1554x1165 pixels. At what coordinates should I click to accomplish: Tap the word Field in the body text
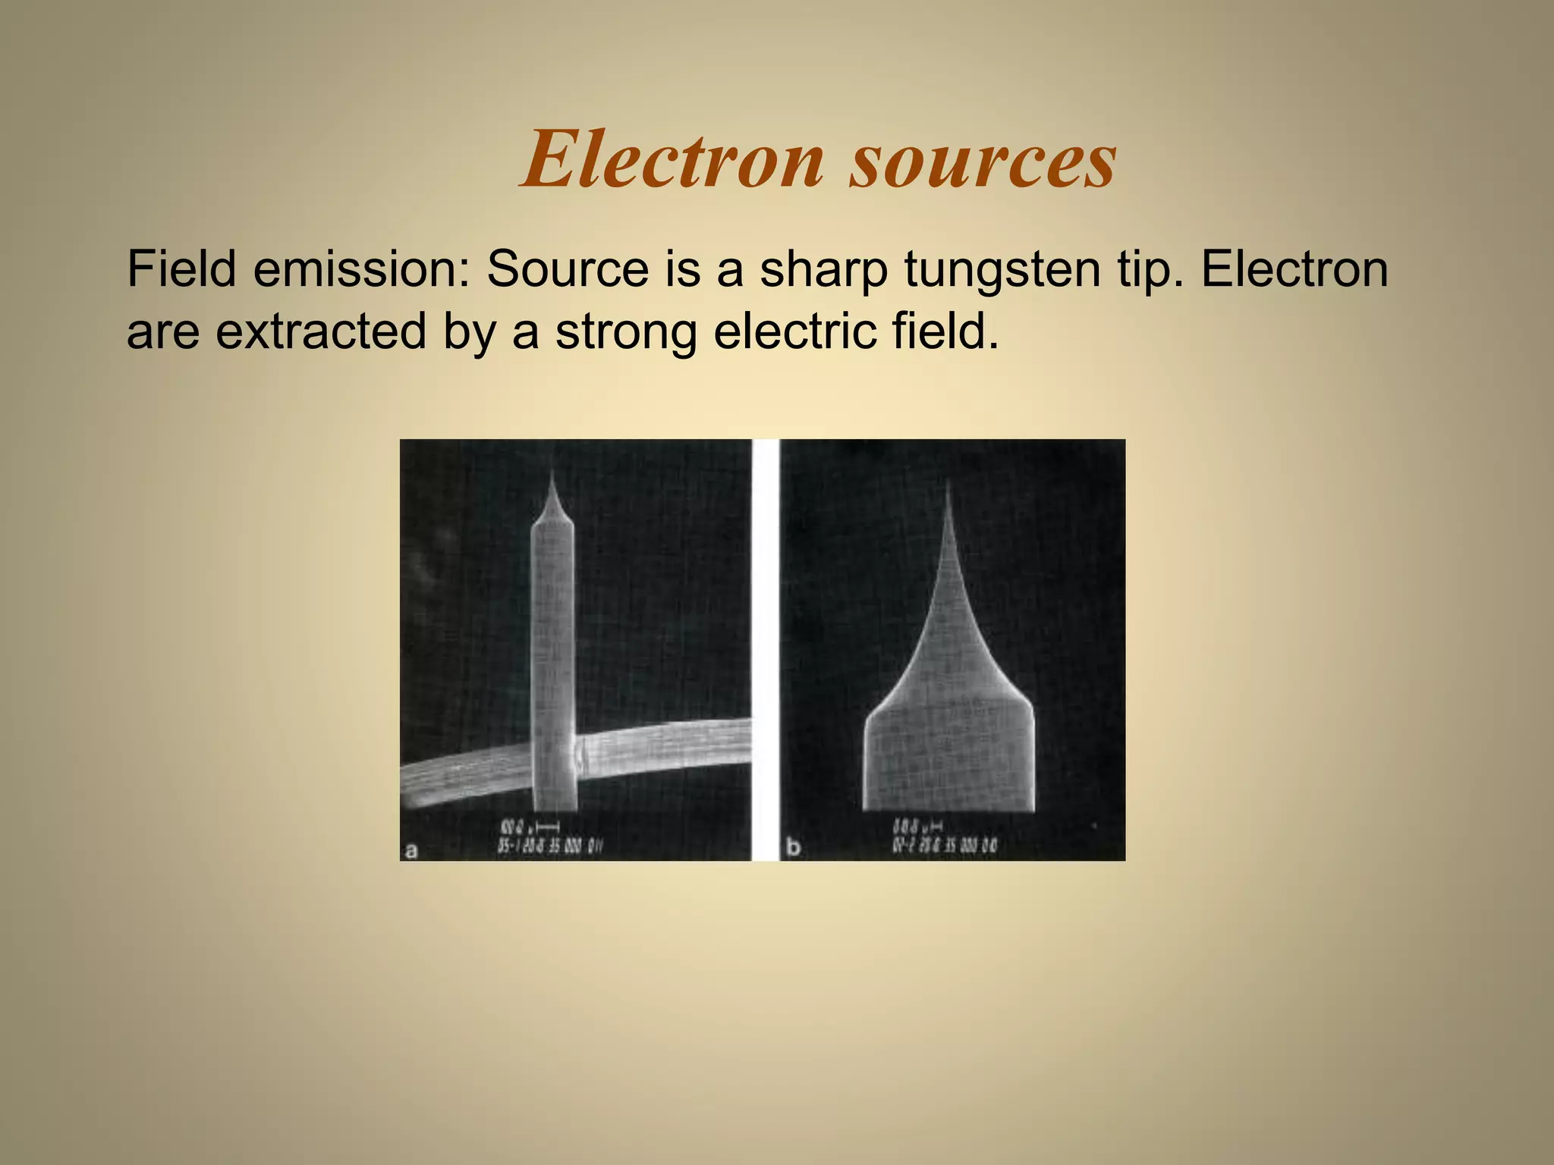coord(181,268)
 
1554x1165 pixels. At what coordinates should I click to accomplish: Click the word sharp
coord(823,270)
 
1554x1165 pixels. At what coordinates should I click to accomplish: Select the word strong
coord(626,333)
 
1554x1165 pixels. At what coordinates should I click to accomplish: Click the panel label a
coord(411,850)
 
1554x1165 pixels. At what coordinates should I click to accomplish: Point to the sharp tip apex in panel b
coord(948,482)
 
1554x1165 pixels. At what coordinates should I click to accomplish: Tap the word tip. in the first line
coord(1150,270)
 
